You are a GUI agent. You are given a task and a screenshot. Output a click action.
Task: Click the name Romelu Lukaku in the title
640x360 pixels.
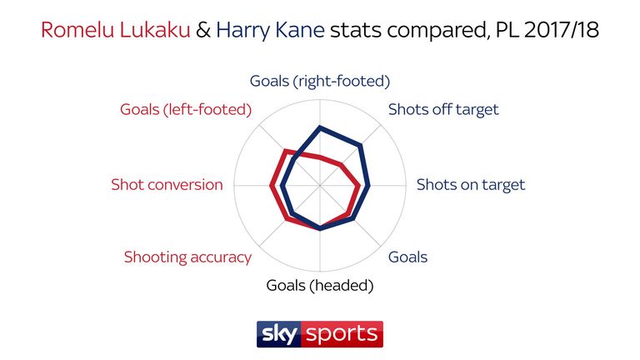point(116,30)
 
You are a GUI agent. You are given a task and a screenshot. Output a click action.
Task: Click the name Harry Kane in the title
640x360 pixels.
point(270,30)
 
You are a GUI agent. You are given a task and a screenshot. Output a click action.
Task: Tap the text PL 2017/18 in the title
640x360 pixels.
point(547,30)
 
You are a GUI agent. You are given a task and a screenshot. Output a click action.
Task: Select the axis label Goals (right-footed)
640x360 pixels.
point(320,81)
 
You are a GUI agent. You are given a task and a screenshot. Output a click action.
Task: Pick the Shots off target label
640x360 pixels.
point(443,109)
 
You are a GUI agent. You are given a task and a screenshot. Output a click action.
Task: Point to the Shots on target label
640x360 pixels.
point(471,185)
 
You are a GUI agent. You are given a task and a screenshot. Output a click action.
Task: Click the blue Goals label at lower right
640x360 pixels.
point(407,257)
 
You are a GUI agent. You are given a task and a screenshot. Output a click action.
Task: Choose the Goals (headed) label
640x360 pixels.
point(320,285)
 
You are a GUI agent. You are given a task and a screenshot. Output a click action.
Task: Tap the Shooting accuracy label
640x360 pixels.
point(187,257)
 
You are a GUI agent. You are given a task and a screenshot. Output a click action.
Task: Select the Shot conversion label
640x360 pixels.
point(167,185)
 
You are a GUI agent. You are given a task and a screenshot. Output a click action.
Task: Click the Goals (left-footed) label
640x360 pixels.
point(186,109)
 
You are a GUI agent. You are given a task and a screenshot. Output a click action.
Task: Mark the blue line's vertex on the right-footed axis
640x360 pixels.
point(320,127)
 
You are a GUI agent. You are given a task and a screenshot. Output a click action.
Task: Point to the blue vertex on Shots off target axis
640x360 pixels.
point(361,144)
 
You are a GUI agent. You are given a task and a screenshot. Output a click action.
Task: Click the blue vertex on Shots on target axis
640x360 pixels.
point(369,185)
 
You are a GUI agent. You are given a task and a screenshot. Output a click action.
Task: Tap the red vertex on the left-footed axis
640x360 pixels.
point(285,151)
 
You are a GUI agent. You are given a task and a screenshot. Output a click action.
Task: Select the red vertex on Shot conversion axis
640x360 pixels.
point(271,186)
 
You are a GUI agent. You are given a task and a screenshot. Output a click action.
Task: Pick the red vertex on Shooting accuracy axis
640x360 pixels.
point(287,220)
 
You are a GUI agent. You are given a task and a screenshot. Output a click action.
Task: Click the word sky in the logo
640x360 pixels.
point(279,335)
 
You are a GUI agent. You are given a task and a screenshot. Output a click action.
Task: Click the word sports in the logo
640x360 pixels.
point(342,335)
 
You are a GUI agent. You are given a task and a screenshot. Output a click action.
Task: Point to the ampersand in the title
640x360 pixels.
point(203,30)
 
